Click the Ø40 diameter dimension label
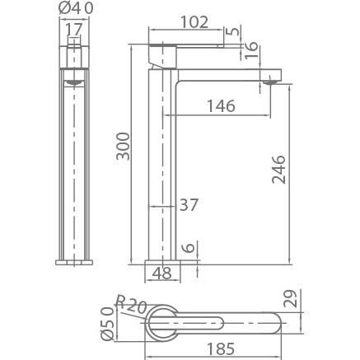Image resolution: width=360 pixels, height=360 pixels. pyautogui.click(x=76, y=8)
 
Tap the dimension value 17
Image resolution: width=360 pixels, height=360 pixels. pyautogui.click(x=74, y=30)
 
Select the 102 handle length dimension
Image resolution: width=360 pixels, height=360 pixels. pyautogui.click(x=194, y=22)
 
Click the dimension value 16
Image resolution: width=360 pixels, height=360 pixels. pyautogui.click(x=251, y=49)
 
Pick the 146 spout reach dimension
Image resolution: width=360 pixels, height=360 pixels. pyautogui.click(x=221, y=106)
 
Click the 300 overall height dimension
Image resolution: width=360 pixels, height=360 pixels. pyautogui.click(x=123, y=146)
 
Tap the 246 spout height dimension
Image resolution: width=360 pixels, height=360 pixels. pyautogui.click(x=278, y=170)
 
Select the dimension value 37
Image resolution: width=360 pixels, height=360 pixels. pyautogui.click(x=189, y=205)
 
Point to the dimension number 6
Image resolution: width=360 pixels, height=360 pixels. pyautogui.click(x=189, y=247)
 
